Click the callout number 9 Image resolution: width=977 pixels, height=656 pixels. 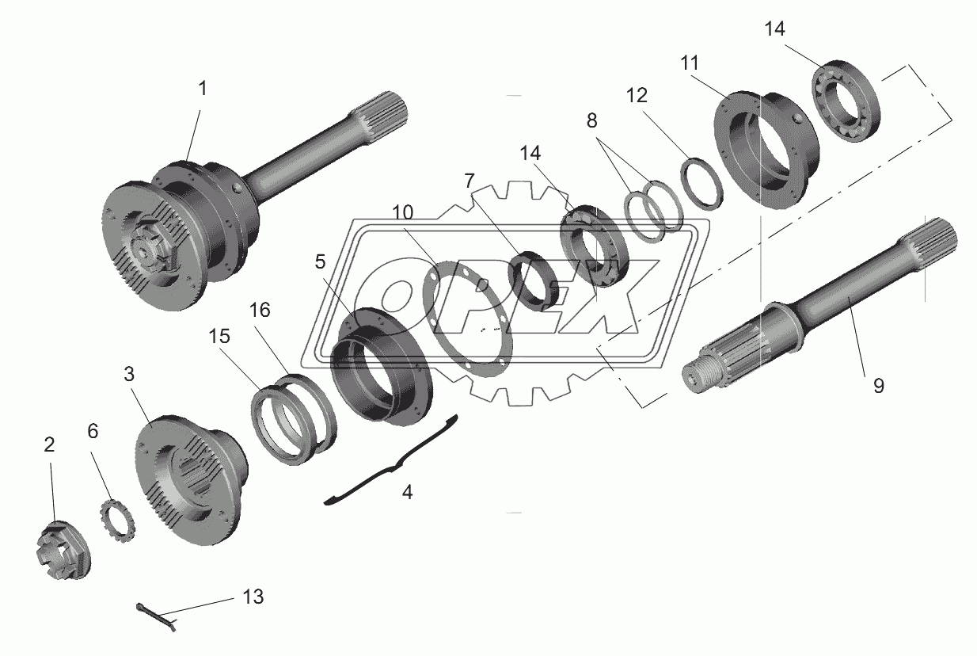(x=878, y=386)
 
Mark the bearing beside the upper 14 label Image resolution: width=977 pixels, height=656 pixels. (x=846, y=104)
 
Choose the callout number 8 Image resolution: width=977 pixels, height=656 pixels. (x=591, y=121)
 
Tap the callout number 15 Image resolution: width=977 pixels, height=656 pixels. (x=219, y=336)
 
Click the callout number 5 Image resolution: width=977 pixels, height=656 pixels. (x=320, y=262)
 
